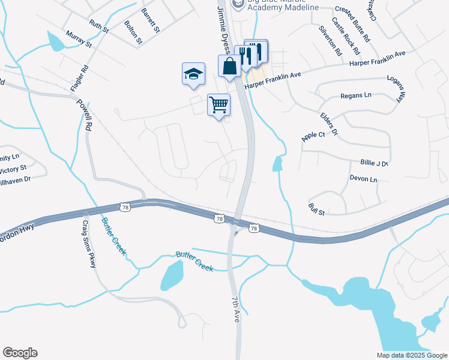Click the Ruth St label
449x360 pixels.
coord(99,26)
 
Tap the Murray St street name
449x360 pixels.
coord(79,40)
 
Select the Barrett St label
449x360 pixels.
coord(151,20)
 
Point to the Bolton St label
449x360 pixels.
coord(133,33)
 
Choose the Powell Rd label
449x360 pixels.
coord(84,115)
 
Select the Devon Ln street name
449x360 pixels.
coord(363,179)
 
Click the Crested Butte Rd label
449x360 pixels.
coord(352,23)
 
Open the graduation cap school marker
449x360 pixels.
coord(194,74)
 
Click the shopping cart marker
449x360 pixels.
coord(219,105)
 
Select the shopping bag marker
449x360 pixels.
coord(229,66)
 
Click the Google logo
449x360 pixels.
coord(20,353)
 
